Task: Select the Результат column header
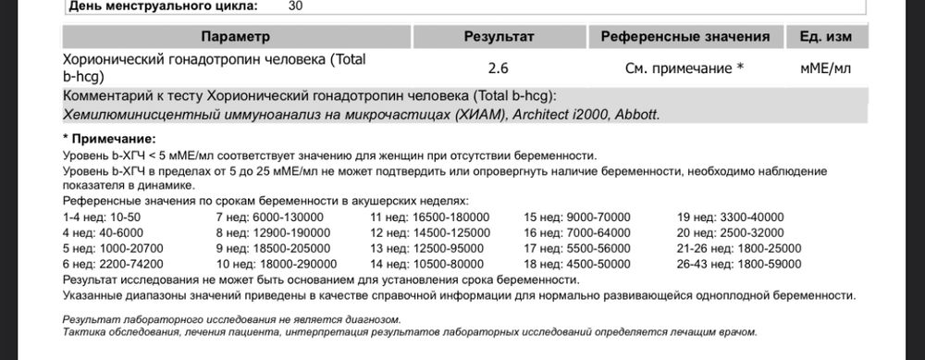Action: pos(499,36)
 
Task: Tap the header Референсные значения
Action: pos(685,36)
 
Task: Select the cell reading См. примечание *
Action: pos(685,68)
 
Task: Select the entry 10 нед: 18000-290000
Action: pos(265,264)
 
